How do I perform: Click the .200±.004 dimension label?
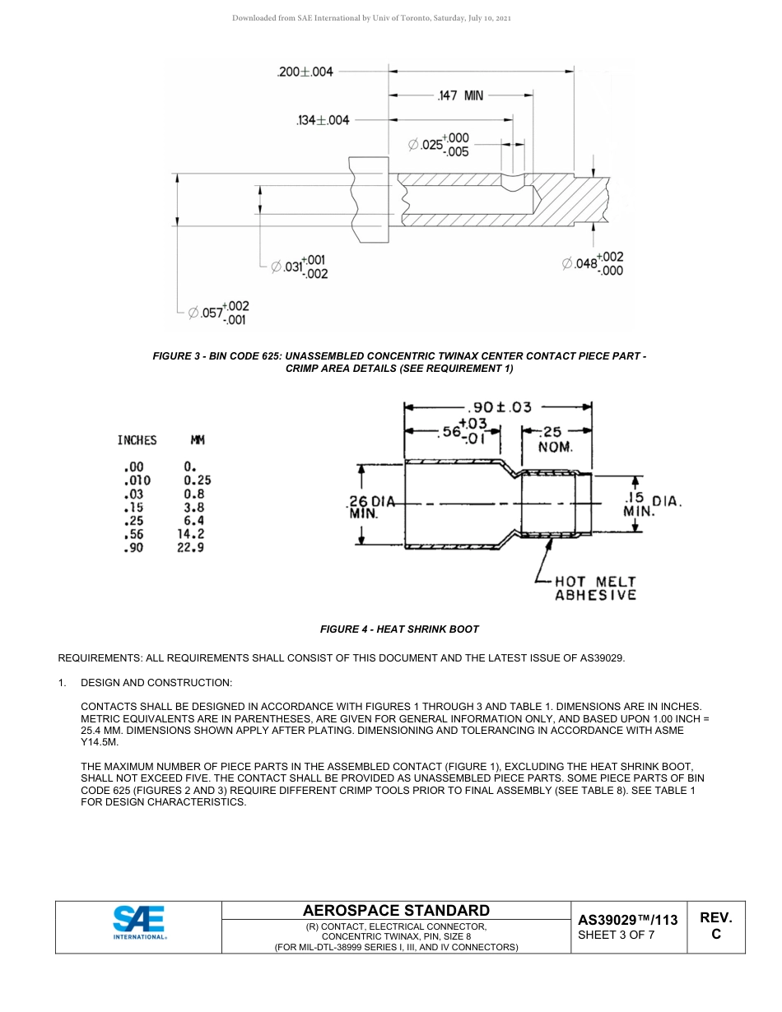click(x=305, y=72)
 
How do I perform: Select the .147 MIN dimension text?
click(x=460, y=95)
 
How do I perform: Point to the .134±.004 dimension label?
click(x=322, y=120)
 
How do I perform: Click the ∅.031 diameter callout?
click(x=300, y=267)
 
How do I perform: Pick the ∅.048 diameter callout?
click(x=593, y=263)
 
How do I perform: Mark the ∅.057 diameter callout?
click(x=218, y=313)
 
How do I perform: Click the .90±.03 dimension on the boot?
click(x=499, y=406)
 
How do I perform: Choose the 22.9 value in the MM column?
click(x=191, y=547)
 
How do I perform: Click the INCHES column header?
click(x=137, y=440)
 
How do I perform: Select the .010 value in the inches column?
click(x=137, y=480)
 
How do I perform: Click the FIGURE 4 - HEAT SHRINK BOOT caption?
click(x=399, y=629)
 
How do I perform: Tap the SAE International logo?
click(x=139, y=922)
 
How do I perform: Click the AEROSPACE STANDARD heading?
click(x=396, y=910)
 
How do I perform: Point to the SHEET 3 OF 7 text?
click(x=617, y=935)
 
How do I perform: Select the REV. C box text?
click(x=715, y=926)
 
